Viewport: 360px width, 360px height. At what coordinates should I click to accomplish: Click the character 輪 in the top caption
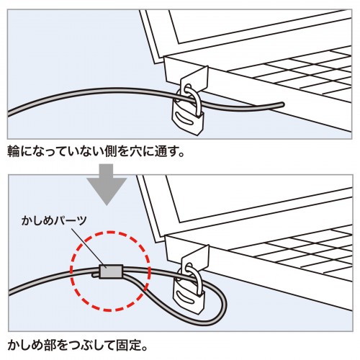tap(13, 153)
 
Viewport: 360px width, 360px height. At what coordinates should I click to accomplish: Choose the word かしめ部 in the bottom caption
tap(31, 344)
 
